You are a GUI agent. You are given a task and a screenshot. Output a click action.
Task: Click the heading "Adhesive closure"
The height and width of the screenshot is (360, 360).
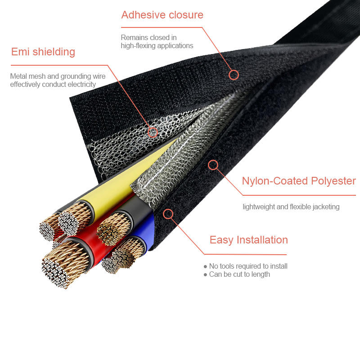point(162,15)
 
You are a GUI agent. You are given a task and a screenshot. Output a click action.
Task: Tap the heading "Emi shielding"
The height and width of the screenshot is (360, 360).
point(43,52)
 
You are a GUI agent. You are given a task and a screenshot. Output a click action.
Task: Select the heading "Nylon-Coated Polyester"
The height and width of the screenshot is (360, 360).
point(299,181)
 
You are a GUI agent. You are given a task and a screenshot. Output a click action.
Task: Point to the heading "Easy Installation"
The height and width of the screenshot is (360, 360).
point(248,240)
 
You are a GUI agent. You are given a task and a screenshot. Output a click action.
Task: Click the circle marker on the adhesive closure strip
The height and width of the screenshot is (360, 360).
point(234,75)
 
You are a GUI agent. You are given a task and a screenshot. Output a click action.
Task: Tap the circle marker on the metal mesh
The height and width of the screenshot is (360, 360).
point(153,132)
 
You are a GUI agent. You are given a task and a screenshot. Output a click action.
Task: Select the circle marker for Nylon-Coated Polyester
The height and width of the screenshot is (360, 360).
point(213,165)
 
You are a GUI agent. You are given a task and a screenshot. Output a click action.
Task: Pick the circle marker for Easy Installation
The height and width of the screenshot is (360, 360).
point(168,214)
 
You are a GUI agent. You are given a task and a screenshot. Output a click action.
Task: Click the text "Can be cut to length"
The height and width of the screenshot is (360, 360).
point(239,274)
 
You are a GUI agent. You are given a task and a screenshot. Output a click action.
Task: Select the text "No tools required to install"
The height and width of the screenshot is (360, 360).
point(248,266)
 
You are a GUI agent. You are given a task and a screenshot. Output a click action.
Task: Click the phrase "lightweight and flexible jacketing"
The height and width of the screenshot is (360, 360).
point(291,207)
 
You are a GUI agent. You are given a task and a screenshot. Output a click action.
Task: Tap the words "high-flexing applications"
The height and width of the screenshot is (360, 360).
point(157,45)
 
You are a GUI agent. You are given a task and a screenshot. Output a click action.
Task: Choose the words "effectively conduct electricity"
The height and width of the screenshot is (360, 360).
point(53,84)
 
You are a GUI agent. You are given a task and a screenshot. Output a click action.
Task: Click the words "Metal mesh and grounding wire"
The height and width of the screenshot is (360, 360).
point(58,76)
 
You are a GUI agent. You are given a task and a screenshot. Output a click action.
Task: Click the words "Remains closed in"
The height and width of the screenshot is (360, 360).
point(148,37)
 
